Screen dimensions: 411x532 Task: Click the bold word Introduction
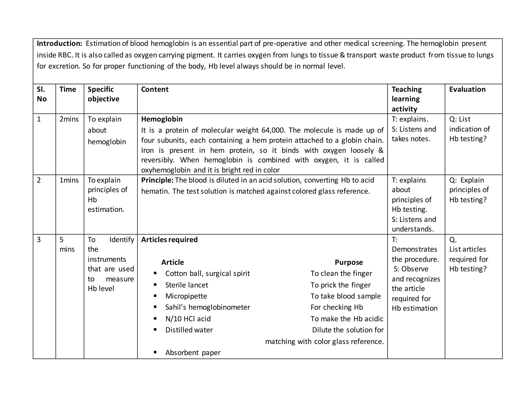click(59, 43)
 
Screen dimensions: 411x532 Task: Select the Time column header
click(68, 89)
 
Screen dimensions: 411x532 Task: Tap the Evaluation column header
click(467, 89)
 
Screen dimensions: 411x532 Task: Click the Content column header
click(155, 89)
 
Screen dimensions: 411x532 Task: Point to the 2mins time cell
click(69, 119)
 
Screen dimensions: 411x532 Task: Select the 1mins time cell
click(69, 180)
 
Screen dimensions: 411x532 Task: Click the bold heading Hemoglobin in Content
click(162, 119)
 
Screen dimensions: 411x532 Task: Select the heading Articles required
click(169, 240)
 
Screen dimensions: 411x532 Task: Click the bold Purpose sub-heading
click(349, 262)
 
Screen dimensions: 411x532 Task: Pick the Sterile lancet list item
click(187, 285)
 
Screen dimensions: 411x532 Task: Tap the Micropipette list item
click(186, 296)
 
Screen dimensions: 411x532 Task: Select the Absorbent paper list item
click(193, 353)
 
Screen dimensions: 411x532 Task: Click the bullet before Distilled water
click(155, 329)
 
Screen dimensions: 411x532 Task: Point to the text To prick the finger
click(340, 285)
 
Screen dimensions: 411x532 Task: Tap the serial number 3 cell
click(39, 240)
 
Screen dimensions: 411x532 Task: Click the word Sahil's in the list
click(176, 307)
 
